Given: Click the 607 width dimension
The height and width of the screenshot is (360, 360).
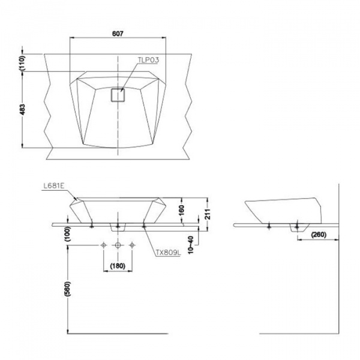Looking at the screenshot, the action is [118, 34].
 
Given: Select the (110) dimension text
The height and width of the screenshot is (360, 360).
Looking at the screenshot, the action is [22, 62].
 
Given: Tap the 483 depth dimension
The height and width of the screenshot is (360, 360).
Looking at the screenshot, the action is [22, 110].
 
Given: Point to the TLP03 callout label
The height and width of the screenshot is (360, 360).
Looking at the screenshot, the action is [148, 60].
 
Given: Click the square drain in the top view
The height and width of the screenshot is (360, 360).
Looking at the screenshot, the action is [118, 95].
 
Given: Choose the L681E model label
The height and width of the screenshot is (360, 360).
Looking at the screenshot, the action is [54, 186].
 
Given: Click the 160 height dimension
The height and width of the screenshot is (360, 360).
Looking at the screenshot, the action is [181, 211].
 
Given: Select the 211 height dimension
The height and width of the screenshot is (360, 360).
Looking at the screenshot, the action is [208, 214].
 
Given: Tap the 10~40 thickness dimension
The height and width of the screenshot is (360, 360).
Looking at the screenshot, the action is [191, 245].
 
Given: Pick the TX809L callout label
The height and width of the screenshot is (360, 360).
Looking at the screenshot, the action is [169, 253].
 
